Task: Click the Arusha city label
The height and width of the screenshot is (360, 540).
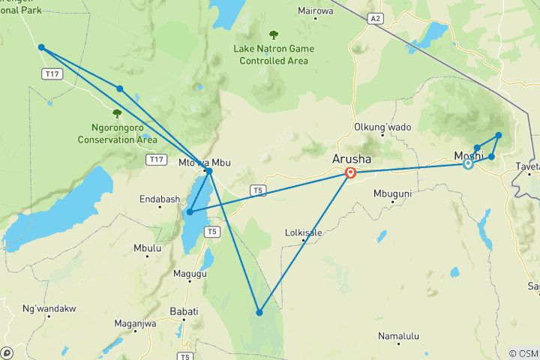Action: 352,160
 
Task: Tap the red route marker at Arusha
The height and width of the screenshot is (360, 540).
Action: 350,173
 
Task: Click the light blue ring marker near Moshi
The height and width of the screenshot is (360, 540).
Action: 468,163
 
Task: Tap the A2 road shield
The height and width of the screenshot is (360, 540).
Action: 375,16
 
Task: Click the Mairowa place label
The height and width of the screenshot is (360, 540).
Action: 315,11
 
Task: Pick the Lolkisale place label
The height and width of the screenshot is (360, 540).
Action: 303,232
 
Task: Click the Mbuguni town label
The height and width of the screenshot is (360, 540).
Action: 392,193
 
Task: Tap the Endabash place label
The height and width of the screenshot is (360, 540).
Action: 159,199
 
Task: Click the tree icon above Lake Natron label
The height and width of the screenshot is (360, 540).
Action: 273,34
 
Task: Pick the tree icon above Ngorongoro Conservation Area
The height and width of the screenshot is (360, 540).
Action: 116,113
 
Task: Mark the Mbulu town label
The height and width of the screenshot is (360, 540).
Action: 146,247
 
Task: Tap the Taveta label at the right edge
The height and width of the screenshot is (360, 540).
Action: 527,166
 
